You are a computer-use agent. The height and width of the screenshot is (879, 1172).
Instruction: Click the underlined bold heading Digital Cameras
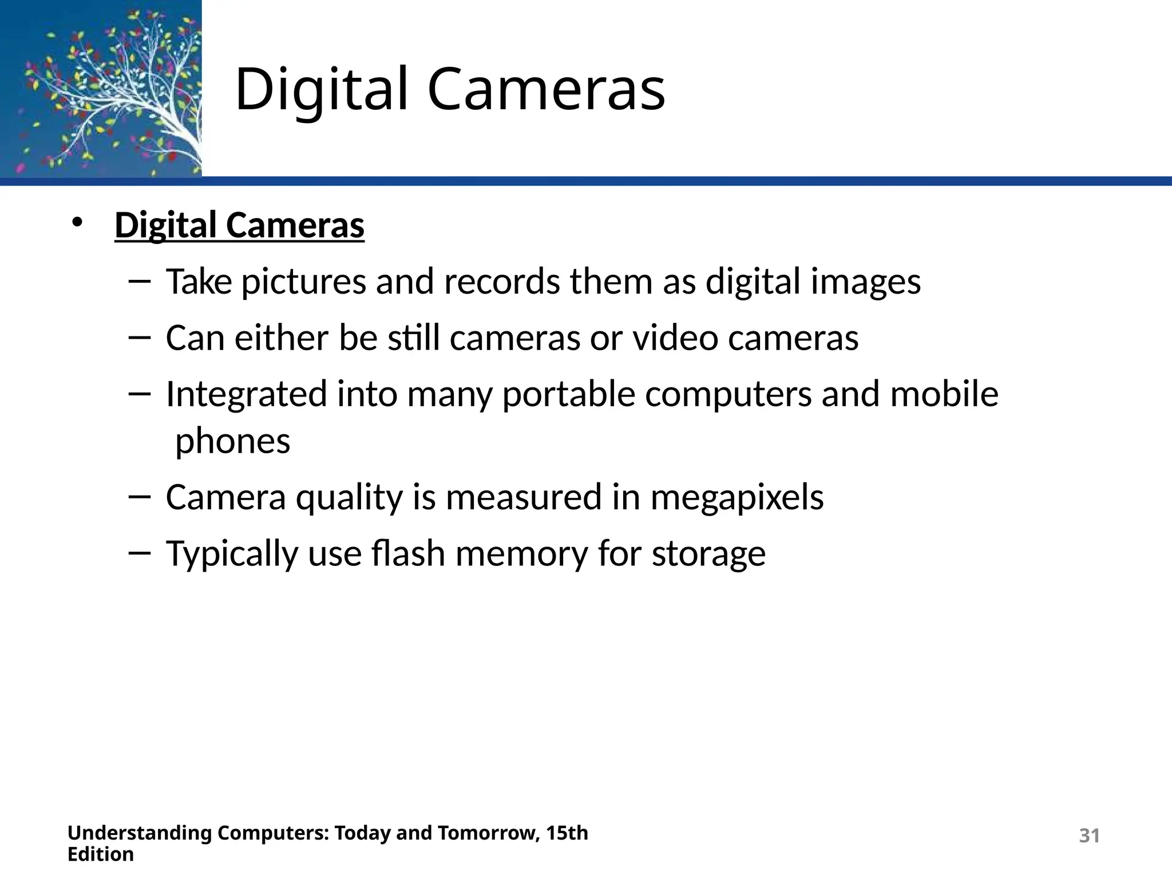click(x=239, y=225)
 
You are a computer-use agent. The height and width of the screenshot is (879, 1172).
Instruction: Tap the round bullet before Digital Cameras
click(x=77, y=223)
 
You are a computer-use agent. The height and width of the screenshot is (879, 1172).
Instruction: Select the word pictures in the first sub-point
click(x=303, y=282)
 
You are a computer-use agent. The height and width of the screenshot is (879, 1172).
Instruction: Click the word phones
click(x=232, y=442)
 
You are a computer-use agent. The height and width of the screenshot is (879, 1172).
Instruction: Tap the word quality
click(x=349, y=497)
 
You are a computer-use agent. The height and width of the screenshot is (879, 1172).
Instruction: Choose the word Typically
click(x=232, y=554)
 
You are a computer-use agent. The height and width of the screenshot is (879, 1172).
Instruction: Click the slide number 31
click(x=1089, y=836)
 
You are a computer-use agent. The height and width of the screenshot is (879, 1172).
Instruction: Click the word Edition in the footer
click(x=101, y=854)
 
